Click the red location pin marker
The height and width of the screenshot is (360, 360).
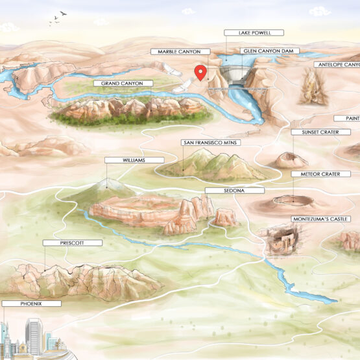201,73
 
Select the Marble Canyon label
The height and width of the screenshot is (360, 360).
180,51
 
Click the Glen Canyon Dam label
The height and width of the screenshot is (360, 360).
261,51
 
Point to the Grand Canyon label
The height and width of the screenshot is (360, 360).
123,84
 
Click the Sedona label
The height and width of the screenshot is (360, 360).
234,191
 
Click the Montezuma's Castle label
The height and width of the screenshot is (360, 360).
320,219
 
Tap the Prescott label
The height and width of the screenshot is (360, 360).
73,243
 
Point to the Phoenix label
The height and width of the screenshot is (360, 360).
30,303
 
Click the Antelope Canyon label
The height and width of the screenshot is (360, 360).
338,65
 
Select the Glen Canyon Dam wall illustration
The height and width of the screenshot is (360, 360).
236,77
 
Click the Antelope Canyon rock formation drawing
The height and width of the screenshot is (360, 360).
313,88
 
